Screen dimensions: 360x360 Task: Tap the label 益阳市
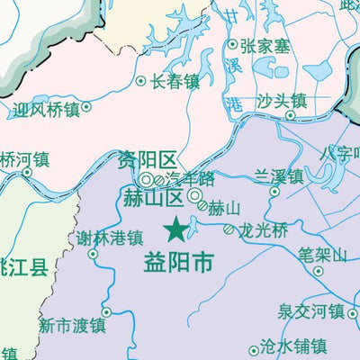180,263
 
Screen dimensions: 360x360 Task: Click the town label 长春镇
175,81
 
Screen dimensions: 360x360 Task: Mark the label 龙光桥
264,229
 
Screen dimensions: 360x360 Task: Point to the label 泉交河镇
311,311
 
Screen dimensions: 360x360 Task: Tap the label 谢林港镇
110,238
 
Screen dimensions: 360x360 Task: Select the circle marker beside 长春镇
140,81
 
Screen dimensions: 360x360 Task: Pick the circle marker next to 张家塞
232,43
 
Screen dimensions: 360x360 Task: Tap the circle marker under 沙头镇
291,114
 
